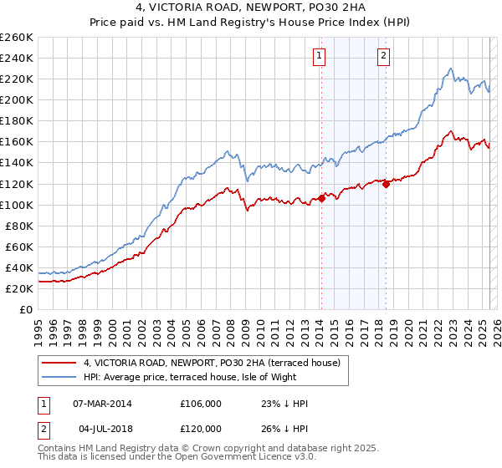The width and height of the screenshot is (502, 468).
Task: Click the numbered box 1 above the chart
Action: [320, 56]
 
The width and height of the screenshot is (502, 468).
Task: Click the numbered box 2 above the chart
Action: [383, 56]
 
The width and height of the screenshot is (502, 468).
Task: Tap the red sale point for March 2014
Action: [321, 198]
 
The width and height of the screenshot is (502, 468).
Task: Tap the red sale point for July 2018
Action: [386, 184]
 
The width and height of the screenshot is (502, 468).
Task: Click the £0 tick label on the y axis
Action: [26, 309]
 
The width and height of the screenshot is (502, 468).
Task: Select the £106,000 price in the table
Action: [201, 404]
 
